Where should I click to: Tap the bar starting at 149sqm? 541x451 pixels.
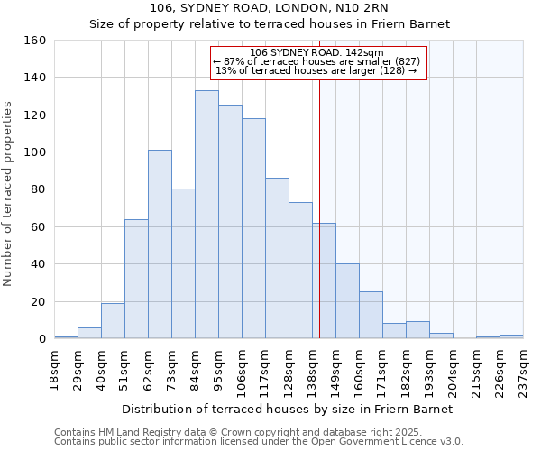click(x=347, y=301)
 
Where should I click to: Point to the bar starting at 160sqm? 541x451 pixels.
click(x=371, y=316)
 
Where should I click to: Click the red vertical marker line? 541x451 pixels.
click(x=319, y=225)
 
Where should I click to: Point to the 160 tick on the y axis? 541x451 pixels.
click(x=52, y=41)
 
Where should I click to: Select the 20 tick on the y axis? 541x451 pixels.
click(x=52, y=301)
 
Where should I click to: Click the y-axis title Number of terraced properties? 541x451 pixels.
click(x=9, y=193)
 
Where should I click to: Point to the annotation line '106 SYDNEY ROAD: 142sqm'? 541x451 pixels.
click(x=316, y=52)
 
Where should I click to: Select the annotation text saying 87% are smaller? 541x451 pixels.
click(x=316, y=61)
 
